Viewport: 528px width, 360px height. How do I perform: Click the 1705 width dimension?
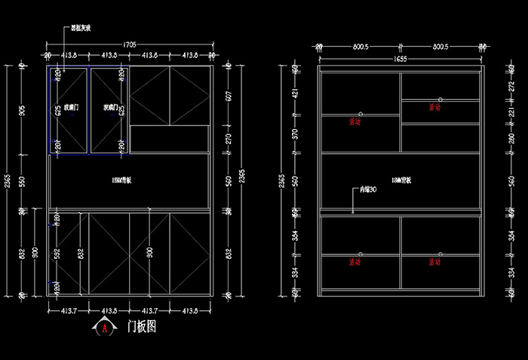129,45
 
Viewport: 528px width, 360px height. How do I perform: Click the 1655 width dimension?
400,58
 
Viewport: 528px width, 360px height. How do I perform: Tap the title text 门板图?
141,327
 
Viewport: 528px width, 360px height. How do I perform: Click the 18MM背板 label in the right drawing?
401,180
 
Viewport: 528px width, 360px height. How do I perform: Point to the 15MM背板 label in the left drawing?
121,180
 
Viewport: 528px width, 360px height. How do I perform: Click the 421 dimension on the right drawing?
295,94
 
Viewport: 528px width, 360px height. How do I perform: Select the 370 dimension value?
295,134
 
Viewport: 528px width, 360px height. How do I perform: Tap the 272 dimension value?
510,87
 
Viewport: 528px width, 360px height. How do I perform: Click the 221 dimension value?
510,113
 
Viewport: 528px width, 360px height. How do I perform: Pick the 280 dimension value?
510,139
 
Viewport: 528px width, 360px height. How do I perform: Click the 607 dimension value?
227,97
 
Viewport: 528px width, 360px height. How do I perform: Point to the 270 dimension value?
227,139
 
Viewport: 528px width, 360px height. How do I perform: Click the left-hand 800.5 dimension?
360,47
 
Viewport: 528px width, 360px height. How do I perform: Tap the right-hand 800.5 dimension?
441,47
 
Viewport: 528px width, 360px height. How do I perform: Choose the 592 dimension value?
58,254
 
